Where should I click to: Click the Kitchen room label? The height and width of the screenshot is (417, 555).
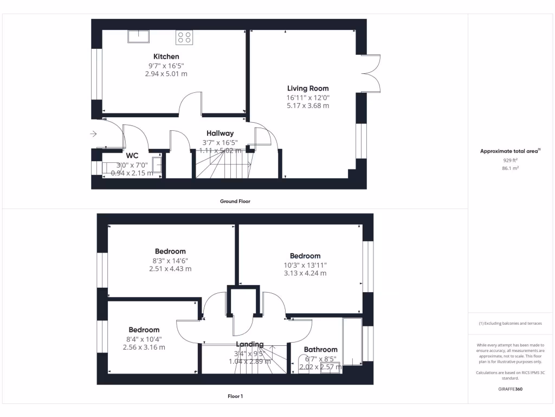coord(166,56)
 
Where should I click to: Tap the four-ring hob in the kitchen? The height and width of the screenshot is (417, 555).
coord(184,37)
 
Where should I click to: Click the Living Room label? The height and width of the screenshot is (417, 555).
coord(307,88)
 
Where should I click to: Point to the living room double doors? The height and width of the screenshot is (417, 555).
coord(373,73)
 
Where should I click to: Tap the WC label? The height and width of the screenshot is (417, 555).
coord(132,155)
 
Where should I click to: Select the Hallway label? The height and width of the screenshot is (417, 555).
coord(220,133)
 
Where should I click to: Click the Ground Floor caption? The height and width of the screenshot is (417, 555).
coord(235,201)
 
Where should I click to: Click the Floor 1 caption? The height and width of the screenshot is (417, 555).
coord(235,396)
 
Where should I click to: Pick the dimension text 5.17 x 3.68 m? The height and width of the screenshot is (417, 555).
coord(307,106)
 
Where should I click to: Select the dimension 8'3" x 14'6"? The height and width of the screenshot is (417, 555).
coord(170,260)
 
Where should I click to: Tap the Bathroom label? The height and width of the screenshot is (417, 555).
coord(320,350)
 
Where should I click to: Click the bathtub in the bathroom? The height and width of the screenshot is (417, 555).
coord(352,342)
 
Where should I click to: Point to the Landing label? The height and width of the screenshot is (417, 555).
coord(249,344)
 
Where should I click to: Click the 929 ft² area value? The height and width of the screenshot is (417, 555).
coord(509,161)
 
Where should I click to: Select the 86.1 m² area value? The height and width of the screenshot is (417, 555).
coord(509,169)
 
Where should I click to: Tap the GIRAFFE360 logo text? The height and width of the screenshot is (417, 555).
coord(509,389)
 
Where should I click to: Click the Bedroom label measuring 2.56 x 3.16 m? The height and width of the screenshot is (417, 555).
coord(144,330)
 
